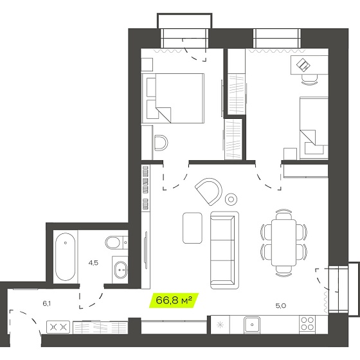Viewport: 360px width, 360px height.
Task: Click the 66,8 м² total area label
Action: [x=174, y=300]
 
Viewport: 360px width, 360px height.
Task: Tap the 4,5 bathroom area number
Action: [x=93, y=263]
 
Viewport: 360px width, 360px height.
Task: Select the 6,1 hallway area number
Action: [x=46, y=303]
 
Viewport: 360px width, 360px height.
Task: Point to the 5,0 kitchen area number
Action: [x=280, y=305]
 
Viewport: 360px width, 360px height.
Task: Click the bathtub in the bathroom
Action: [x=66, y=256]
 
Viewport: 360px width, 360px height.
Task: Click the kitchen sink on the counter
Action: [x=252, y=325]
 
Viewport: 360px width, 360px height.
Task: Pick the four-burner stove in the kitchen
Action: [x=307, y=323]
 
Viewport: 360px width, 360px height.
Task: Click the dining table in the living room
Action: [x=283, y=242]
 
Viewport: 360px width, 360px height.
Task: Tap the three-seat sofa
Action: [x=224, y=250]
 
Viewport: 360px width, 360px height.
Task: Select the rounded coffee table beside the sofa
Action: [x=193, y=228]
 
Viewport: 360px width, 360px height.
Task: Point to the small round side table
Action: [x=231, y=199]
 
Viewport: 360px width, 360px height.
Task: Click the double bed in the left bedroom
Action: [x=173, y=98]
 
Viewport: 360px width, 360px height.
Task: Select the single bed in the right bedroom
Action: [x=314, y=128]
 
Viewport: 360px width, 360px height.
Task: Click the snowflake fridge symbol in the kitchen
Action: [x=220, y=325]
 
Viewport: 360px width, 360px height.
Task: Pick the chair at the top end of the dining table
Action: [x=283, y=214]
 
